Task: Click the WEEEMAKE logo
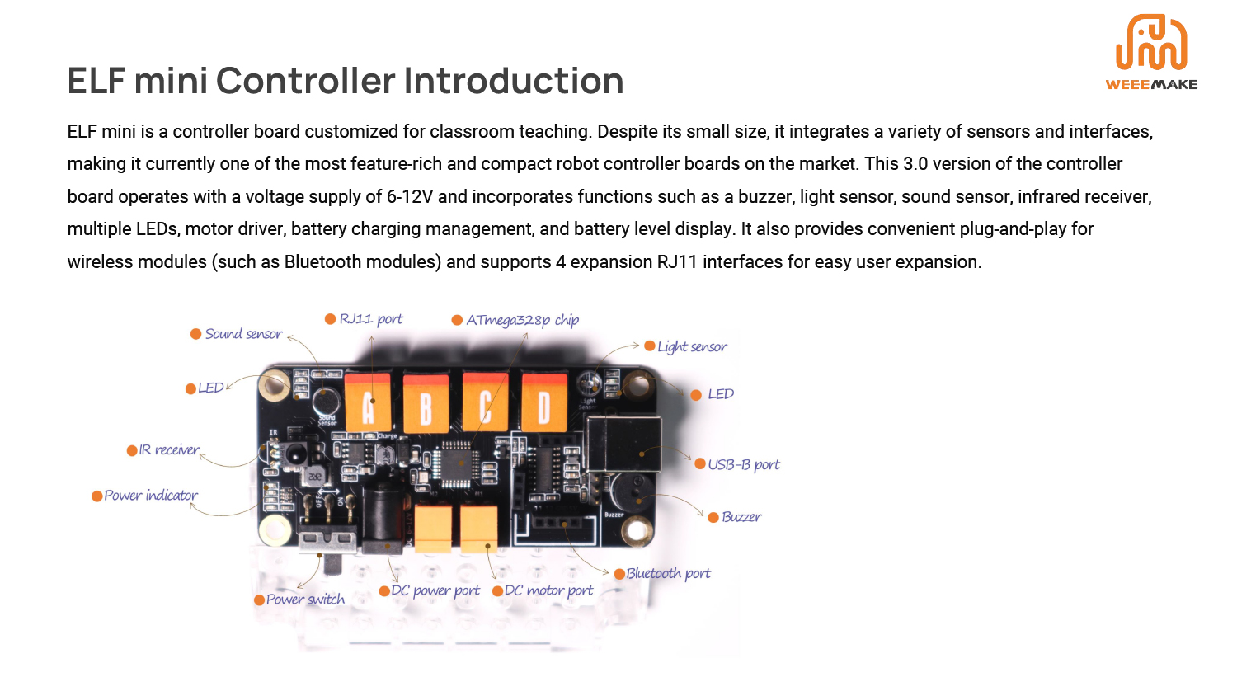pos(1151,52)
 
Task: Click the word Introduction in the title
pos(513,81)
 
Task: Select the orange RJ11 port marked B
pos(426,403)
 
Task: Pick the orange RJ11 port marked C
pos(485,403)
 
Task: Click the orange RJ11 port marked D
pos(544,403)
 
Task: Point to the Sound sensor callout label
pos(243,334)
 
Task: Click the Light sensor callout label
pos(692,347)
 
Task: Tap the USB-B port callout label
pos(743,465)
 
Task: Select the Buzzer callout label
pos(741,517)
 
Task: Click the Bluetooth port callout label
pos(668,574)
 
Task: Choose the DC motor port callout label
pos(548,591)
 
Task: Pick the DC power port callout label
pos(435,591)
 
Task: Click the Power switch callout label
pos(305,600)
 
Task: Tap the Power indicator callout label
pos(151,496)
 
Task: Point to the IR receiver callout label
pos(169,450)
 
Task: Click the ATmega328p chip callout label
pos(522,320)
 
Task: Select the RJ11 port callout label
pos(371,319)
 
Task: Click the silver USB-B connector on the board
pos(622,443)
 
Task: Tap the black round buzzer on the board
pos(628,493)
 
